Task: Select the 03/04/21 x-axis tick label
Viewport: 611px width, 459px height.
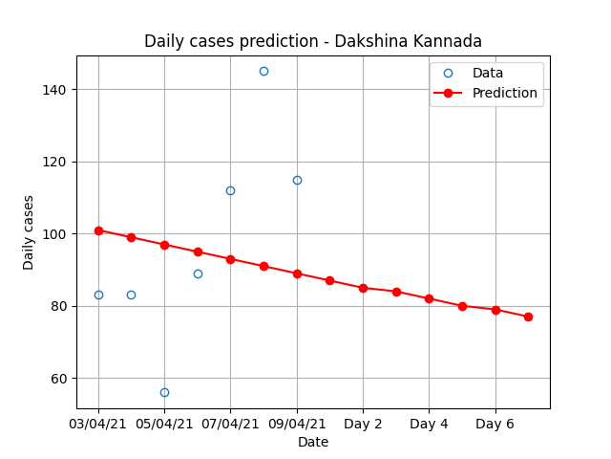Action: tap(97, 424)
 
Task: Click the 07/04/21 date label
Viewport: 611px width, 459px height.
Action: tap(230, 424)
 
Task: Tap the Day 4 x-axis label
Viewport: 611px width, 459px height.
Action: tap(429, 424)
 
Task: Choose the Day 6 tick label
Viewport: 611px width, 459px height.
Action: tap(495, 424)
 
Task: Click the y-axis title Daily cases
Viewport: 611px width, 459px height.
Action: tap(28, 232)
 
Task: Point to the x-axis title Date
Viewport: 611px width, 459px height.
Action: tap(313, 442)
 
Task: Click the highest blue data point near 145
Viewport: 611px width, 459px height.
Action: tap(263, 72)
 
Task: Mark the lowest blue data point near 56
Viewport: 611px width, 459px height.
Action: tap(164, 393)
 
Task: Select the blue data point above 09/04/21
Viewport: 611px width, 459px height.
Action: tap(297, 181)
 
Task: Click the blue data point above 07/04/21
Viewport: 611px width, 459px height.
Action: tap(230, 191)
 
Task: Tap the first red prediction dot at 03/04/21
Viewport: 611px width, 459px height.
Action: tap(98, 230)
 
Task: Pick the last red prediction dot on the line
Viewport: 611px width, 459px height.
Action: tap(528, 317)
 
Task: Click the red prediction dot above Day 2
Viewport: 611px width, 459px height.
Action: tap(363, 289)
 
